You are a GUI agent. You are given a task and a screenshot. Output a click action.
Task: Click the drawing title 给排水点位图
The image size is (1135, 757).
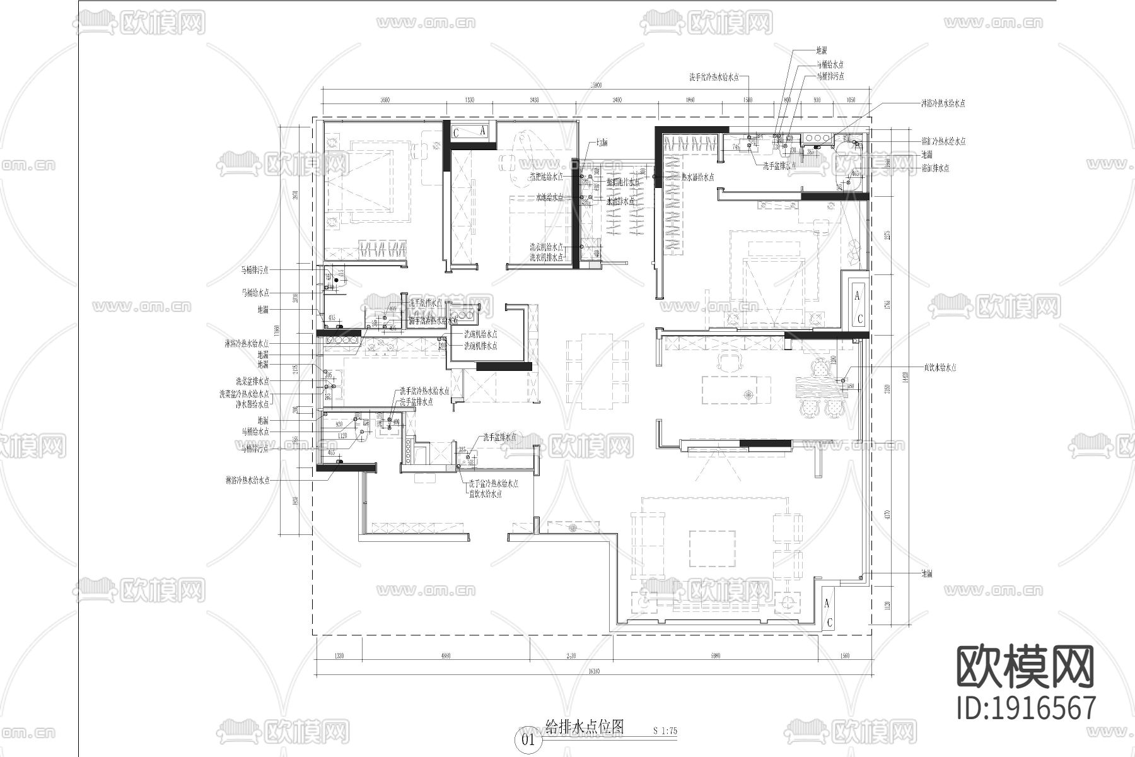584,727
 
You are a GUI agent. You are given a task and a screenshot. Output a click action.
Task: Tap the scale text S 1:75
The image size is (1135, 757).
665,731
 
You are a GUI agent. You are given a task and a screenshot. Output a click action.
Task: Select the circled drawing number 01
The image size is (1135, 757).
528,739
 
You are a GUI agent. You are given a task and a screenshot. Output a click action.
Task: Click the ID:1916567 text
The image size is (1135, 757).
1026,708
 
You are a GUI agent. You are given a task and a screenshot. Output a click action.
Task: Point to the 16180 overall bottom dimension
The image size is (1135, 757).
592,671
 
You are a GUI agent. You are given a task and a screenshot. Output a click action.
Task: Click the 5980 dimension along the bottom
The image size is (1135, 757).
715,656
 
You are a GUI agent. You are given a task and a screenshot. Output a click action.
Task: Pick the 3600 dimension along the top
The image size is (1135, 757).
385,100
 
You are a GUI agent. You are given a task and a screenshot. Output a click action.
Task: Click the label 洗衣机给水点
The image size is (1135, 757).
546,247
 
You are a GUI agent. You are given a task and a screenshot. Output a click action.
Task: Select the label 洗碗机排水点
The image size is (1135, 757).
480,346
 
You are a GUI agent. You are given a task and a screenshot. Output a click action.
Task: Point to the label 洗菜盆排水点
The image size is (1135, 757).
252,381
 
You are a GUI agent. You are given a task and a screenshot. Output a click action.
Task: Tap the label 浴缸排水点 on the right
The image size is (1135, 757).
935,168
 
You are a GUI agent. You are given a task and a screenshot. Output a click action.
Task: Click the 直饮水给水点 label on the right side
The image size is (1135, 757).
940,367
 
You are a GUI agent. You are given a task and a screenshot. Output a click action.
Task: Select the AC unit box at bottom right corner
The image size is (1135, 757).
829,612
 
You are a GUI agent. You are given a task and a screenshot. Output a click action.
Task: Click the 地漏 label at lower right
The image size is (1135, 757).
926,573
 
